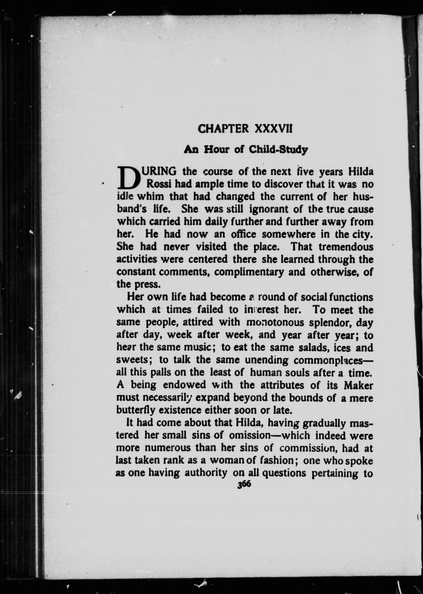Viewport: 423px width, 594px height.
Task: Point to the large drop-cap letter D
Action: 128,178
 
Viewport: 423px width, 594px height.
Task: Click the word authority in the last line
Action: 206,473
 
